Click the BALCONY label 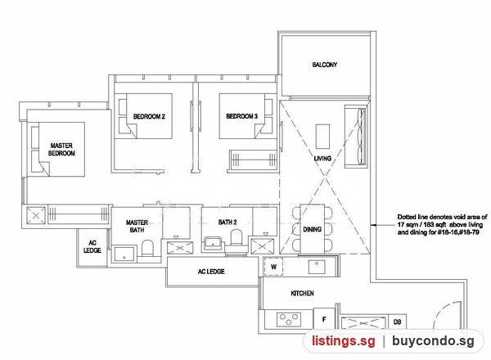pyautogui.click(x=324, y=65)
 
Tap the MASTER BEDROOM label pyautogui.click(x=61, y=150)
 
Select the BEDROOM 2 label pyautogui.click(x=149, y=116)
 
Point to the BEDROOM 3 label pyautogui.click(x=241, y=116)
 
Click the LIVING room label pyautogui.click(x=322, y=159)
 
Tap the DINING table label pyautogui.click(x=313, y=229)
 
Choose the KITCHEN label pyautogui.click(x=302, y=294)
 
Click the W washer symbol pyautogui.click(x=273, y=267)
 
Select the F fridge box pyautogui.click(x=324, y=318)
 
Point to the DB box pyautogui.click(x=397, y=322)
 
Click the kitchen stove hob pyautogui.click(x=289, y=320)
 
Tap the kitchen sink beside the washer pyautogui.click(x=317, y=267)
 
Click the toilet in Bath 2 pyautogui.click(x=236, y=237)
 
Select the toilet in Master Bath pyautogui.click(x=147, y=248)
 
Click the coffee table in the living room pyautogui.click(x=322, y=136)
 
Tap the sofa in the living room pyautogui.click(x=356, y=137)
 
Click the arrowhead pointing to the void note pyautogui.click(x=373, y=225)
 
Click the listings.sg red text pyautogui.click(x=343, y=340)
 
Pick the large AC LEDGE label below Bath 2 pyautogui.click(x=211, y=272)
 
